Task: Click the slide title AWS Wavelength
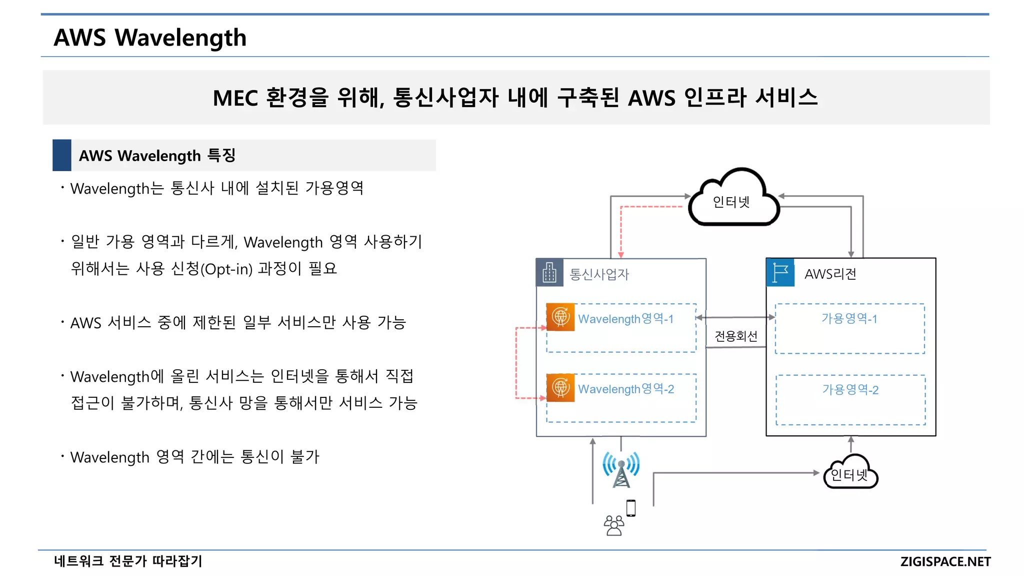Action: click(x=150, y=38)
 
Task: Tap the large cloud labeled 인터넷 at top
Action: click(x=732, y=200)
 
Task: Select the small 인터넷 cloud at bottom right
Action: click(x=850, y=473)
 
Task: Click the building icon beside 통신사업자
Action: click(x=549, y=273)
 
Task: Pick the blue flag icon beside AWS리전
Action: click(x=780, y=273)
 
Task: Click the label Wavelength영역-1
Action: click(x=625, y=319)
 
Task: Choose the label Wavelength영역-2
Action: click(x=626, y=389)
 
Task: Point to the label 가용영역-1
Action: click(x=849, y=318)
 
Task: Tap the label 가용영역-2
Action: click(x=850, y=389)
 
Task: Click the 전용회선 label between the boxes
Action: click(x=735, y=336)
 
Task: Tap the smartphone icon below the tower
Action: click(x=631, y=508)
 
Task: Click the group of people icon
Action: click(x=614, y=525)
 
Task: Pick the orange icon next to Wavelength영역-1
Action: click(x=560, y=317)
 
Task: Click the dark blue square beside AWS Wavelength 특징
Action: click(x=62, y=155)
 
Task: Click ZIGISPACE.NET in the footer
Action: click(x=945, y=561)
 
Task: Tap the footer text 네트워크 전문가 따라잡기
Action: click(x=128, y=561)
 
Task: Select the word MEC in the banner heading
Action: click(x=235, y=98)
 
